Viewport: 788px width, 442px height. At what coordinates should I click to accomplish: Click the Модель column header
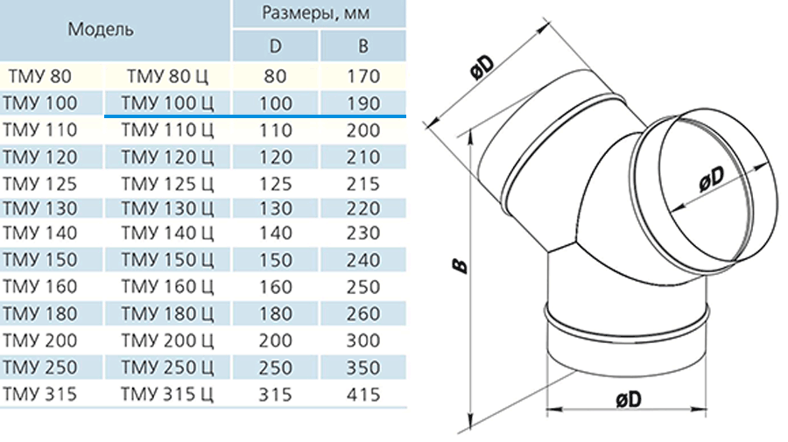101,29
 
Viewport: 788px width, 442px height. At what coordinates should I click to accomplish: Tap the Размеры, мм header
316,12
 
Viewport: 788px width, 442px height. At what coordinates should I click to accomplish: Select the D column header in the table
275,46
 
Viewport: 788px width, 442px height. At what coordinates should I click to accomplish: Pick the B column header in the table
362,46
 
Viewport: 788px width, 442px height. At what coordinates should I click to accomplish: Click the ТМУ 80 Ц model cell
167,76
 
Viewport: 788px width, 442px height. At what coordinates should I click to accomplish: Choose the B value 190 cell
362,103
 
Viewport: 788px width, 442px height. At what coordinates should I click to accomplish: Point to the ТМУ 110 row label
39,130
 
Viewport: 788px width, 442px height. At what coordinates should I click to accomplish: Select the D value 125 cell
276,184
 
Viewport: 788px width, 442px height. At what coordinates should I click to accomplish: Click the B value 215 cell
362,184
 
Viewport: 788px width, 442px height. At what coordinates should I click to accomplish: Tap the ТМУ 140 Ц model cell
167,233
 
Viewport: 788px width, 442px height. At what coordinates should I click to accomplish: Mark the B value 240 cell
362,260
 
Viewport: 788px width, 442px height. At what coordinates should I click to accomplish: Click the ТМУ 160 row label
39,286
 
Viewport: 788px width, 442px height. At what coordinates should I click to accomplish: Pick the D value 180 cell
276,313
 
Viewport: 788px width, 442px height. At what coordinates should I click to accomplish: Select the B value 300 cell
362,340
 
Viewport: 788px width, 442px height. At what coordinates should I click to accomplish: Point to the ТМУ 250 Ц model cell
167,367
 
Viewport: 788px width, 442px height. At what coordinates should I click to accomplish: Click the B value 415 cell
362,394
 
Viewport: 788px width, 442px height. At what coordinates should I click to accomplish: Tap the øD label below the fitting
629,399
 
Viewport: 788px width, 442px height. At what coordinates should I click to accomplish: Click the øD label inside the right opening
712,179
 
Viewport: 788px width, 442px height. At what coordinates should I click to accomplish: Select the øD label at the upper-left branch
482,67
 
